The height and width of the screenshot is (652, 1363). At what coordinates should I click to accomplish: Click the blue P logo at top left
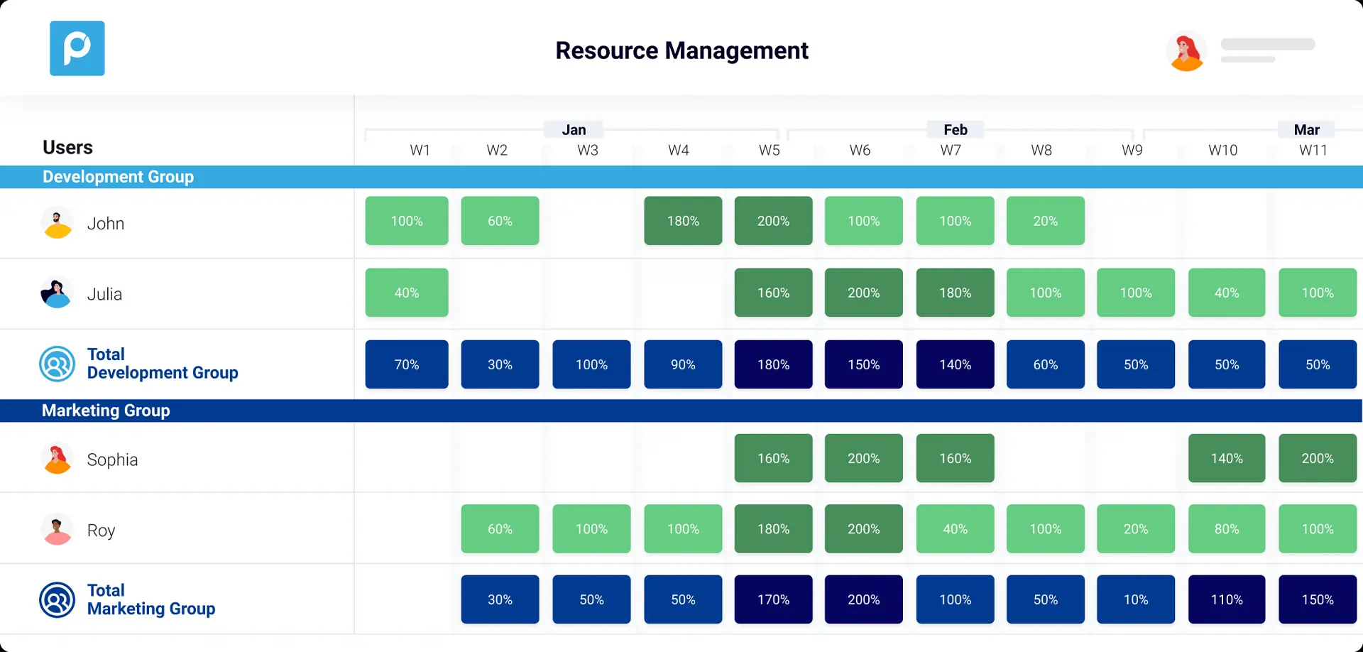(77, 48)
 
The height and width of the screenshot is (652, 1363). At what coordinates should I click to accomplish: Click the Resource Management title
(681, 50)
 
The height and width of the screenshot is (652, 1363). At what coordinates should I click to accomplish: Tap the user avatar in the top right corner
(1186, 52)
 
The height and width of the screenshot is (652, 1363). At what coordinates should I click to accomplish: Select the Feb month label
(955, 129)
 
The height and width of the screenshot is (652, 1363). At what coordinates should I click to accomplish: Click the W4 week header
(678, 150)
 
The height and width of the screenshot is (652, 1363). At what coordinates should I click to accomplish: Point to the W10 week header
(1222, 150)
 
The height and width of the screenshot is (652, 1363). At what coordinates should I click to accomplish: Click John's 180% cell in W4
(683, 221)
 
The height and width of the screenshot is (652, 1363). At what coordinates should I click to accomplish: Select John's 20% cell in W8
(1045, 221)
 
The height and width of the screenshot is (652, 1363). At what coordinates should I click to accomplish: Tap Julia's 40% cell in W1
(407, 293)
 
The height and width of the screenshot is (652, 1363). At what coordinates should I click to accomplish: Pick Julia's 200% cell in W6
(863, 293)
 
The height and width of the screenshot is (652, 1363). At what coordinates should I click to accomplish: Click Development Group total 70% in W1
(407, 364)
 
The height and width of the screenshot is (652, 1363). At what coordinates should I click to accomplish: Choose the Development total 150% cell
(863, 364)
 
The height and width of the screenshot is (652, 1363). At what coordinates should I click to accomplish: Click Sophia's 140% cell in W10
(1227, 458)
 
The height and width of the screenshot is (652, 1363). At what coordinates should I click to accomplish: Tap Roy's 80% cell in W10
(1227, 529)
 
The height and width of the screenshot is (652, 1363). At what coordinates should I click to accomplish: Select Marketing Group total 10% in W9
(1135, 599)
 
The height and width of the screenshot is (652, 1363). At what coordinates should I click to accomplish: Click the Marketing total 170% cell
(773, 599)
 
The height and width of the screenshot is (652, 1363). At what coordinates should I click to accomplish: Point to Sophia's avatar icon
(58, 459)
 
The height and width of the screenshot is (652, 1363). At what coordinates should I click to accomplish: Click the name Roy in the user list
(101, 531)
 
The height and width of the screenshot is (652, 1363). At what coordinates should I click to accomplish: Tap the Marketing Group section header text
(106, 411)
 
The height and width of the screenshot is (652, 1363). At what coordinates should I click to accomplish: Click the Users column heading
(67, 147)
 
